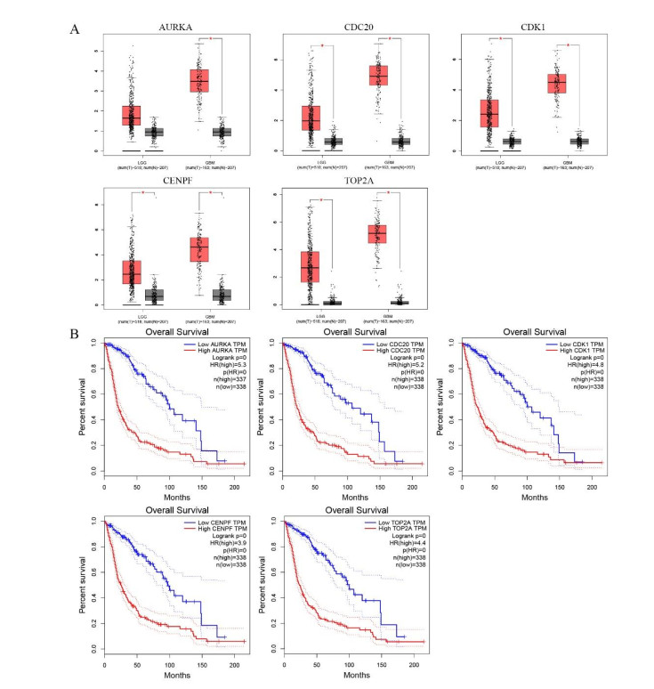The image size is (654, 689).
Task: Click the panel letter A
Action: coord(75,28)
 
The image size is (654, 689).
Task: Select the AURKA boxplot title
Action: coord(174,28)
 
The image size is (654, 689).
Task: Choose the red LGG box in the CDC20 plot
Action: coord(311,118)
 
